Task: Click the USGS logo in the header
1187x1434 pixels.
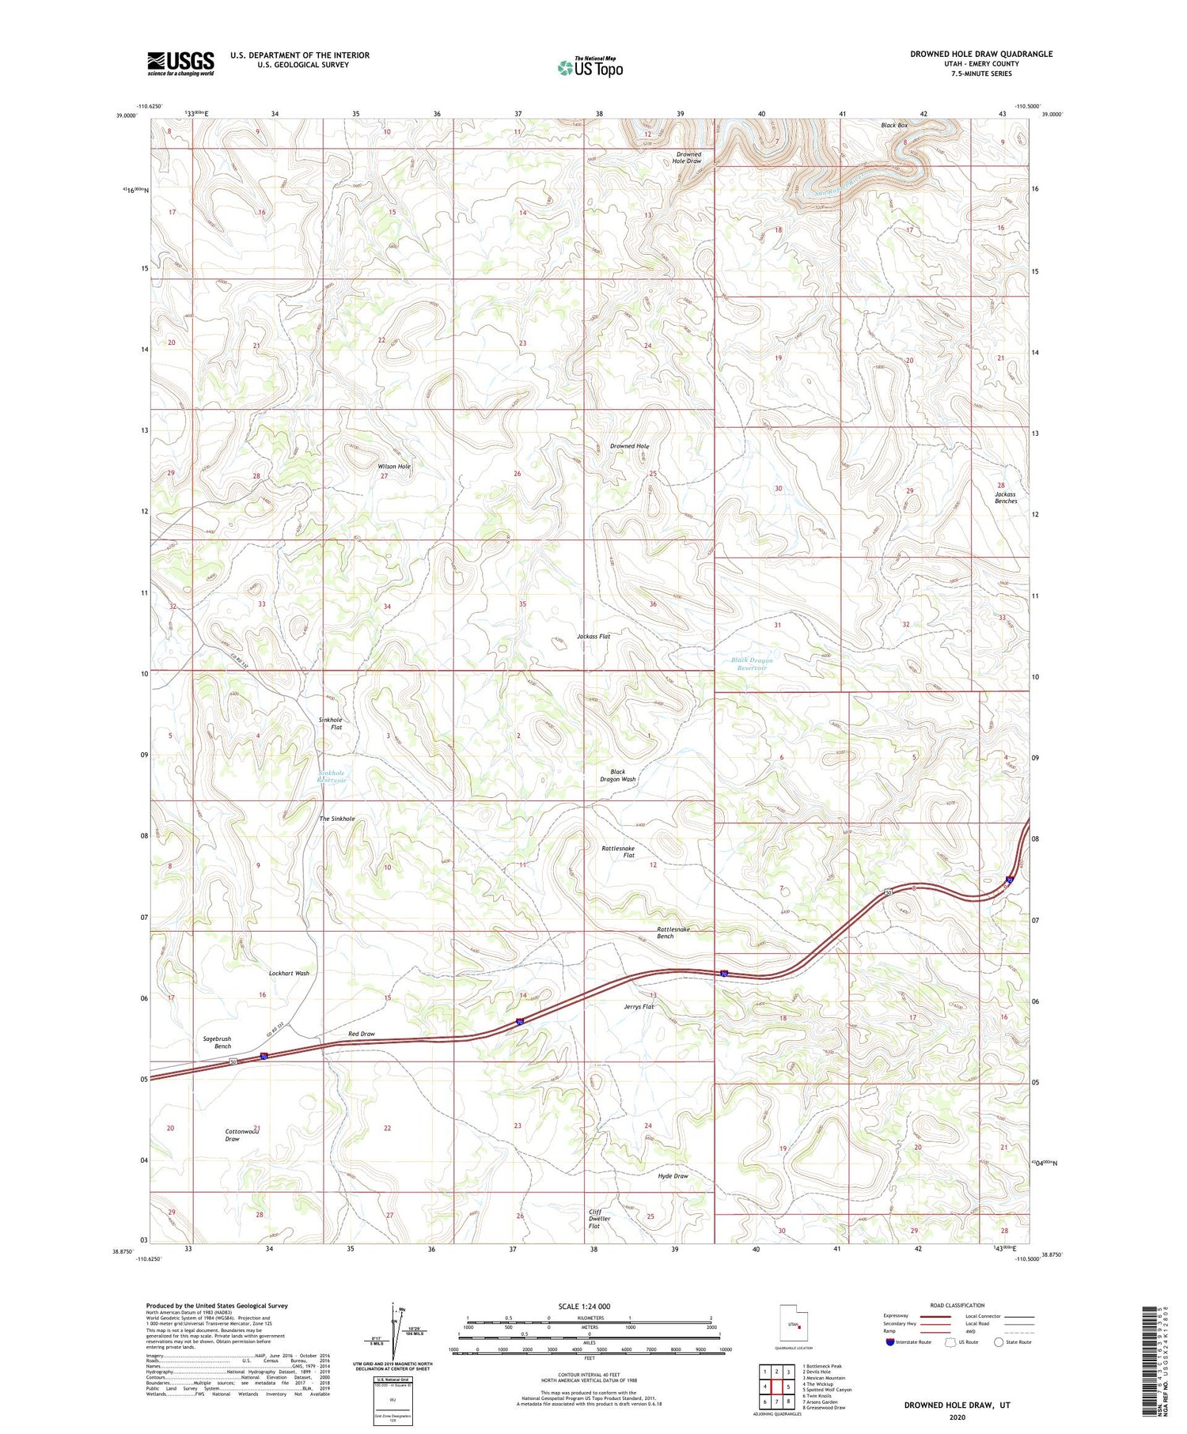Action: (x=180, y=63)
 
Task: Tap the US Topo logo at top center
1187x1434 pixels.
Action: (x=590, y=67)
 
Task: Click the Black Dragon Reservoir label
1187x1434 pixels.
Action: (x=751, y=664)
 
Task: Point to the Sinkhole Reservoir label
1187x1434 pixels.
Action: (x=332, y=776)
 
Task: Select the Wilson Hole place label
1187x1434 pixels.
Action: (x=394, y=467)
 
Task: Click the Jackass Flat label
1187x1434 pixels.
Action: (x=593, y=636)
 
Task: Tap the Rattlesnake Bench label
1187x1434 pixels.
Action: (x=665, y=933)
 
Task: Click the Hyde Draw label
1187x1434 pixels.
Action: (x=673, y=1176)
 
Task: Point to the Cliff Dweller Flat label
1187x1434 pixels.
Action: (x=599, y=1219)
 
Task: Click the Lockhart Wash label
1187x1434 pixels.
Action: (x=289, y=974)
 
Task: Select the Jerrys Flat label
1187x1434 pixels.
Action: (x=639, y=1007)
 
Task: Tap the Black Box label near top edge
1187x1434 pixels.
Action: (x=894, y=125)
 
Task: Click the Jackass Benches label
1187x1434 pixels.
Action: (x=1006, y=498)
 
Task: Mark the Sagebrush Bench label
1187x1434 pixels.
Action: (x=216, y=1042)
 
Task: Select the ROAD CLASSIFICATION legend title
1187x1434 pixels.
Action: (x=957, y=1305)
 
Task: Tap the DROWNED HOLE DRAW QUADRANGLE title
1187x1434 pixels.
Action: (x=980, y=54)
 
